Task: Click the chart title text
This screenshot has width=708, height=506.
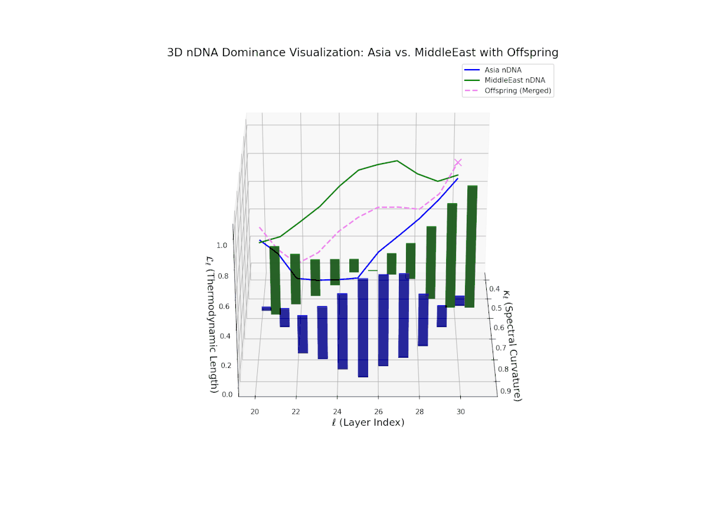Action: pos(363,53)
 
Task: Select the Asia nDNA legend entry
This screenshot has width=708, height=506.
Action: pos(503,70)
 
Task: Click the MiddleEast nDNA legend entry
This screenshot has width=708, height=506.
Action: pos(514,80)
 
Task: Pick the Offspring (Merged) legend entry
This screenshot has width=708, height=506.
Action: pos(517,91)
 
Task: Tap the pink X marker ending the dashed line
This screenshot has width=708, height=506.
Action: pos(458,162)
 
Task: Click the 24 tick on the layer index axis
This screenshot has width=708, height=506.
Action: pos(337,412)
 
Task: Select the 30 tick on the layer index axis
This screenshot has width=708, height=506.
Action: pos(460,412)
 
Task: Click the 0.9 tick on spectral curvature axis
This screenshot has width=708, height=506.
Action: pos(506,391)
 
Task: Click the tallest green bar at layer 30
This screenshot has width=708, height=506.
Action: pos(471,246)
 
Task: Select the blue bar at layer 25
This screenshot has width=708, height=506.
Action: pos(363,327)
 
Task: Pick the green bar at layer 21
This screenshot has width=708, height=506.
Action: pos(275,280)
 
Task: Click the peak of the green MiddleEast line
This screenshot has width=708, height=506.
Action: pos(397,161)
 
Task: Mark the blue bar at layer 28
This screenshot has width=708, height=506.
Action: pos(422,319)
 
